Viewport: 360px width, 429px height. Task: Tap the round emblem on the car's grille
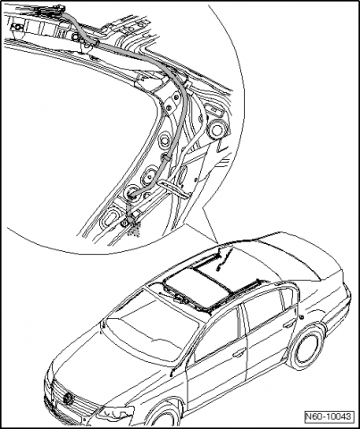pos(69,399)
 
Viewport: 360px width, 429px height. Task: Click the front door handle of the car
pos(239,353)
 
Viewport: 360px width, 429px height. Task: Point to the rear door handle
pos(289,324)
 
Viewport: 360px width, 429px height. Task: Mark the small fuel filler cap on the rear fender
pos(303,317)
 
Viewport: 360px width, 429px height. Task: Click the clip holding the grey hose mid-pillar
pos(166,158)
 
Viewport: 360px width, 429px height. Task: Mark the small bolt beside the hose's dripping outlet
pos(124,223)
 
